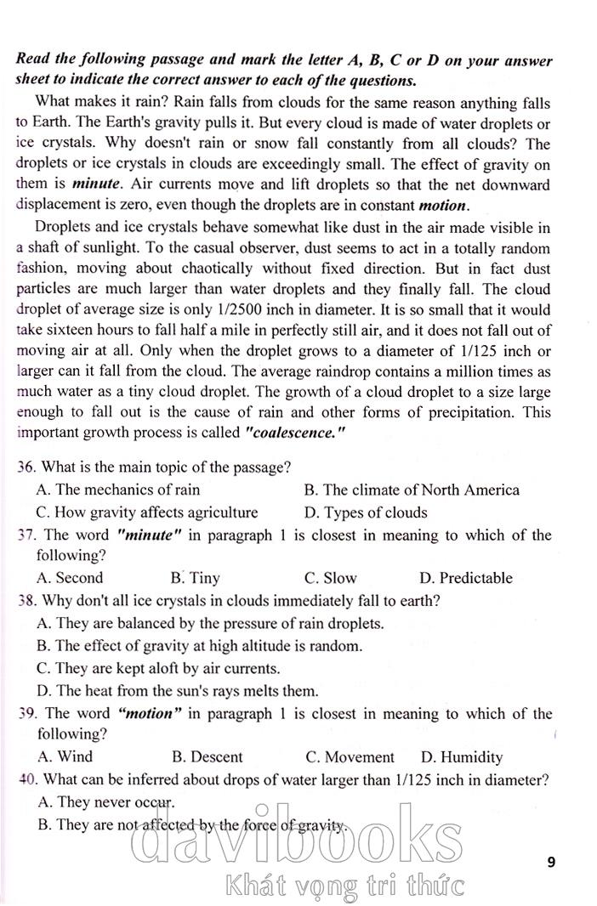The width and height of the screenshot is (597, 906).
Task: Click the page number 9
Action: [x=552, y=862]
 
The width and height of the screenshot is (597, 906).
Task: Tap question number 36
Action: [x=26, y=467]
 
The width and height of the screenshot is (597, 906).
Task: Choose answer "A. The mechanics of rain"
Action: [x=118, y=490]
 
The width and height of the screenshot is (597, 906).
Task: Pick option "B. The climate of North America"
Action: [x=411, y=490]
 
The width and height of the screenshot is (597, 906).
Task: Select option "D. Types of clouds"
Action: [x=365, y=512]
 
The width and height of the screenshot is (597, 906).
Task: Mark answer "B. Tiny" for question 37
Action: [x=195, y=578]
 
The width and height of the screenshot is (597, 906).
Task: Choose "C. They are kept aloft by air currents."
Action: [x=158, y=668]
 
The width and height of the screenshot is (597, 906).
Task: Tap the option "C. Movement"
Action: [x=350, y=756]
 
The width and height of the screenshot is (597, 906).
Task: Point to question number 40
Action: [x=26, y=779]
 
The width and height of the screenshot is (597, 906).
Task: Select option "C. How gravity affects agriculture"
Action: [x=146, y=512]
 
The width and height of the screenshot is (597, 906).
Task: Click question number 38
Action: [x=26, y=601]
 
